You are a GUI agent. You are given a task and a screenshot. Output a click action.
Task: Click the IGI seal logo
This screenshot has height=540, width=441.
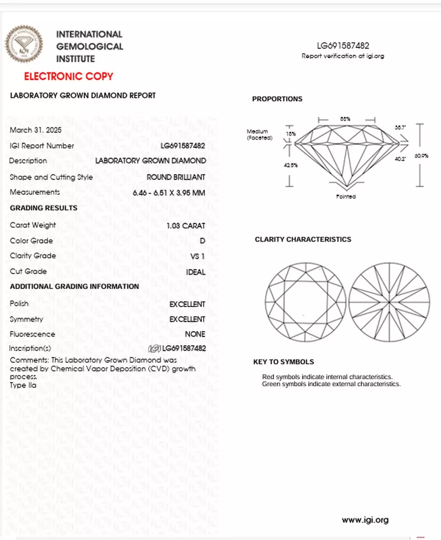[x=24, y=44]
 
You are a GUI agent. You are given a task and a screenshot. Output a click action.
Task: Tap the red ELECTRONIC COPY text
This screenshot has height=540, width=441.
[x=68, y=76]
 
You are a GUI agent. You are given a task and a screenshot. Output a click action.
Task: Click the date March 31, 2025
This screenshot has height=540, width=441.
[x=35, y=130]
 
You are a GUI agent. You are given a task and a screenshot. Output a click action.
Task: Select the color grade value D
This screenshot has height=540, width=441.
[x=202, y=241]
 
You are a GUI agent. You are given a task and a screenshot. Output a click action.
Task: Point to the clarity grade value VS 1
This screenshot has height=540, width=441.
[x=197, y=256]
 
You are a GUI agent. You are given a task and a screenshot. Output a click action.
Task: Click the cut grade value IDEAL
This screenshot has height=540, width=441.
[x=196, y=272]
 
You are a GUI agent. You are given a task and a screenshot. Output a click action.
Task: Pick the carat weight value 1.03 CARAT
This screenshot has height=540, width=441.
[x=186, y=226]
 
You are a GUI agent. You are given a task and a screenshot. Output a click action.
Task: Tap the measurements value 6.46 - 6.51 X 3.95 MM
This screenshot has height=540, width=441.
[x=169, y=193]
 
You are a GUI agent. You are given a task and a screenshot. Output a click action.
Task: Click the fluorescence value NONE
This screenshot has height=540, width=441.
[x=195, y=334]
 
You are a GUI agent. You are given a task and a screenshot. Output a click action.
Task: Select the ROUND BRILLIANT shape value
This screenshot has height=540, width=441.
[x=176, y=177]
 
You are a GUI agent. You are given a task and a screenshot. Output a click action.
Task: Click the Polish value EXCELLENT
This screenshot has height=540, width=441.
[x=187, y=304]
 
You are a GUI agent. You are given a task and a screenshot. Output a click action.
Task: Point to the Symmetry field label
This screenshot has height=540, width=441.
[x=26, y=319]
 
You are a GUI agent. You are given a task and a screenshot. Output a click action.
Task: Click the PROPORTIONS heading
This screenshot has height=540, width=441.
[x=277, y=99]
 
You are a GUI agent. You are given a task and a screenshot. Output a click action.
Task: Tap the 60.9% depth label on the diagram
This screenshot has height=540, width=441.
[x=421, y=156]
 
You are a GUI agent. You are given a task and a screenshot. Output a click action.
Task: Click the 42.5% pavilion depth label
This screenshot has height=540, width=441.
[x=290, y=165]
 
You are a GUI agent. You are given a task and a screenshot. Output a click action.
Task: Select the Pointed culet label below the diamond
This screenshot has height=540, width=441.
[x=346, y=197]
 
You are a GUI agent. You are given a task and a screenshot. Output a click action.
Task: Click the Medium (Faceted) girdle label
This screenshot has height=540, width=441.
[x=259, y=135]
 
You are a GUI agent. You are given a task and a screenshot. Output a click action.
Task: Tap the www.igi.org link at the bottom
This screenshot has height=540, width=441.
[x=365, y=520]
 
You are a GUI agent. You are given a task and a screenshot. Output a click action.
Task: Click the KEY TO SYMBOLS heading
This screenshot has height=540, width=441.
[x=283, y=362]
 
